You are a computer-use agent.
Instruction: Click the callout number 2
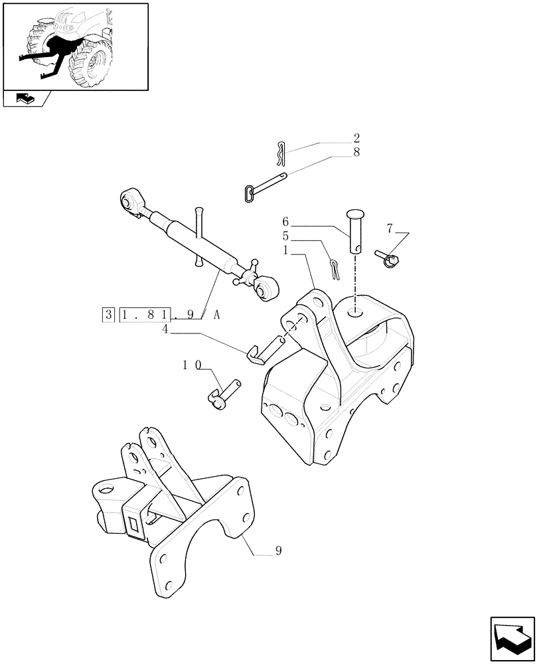(356, 139)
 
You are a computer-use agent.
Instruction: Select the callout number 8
(356, 152)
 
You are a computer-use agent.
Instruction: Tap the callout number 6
(285, 221)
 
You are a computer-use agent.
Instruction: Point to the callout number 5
(285, 236)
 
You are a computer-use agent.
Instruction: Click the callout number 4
(165, 328)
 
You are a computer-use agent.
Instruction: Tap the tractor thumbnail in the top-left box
(75, 46)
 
